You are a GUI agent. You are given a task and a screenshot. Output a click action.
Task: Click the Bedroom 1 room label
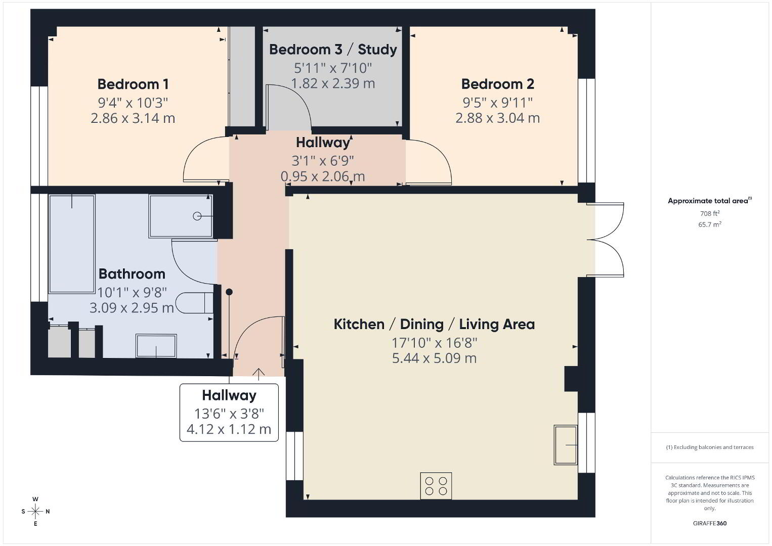coord(133,84)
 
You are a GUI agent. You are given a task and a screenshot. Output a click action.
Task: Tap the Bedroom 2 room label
coord(498,84)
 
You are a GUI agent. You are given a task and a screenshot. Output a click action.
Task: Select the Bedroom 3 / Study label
coord(333,50)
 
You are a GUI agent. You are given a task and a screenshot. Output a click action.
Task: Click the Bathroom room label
coord(132,274)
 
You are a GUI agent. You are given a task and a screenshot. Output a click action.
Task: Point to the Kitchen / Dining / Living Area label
coord(434,324)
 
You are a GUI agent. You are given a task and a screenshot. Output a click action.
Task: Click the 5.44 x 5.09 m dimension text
coord(434,358)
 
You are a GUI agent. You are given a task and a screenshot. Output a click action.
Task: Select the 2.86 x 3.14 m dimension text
coord(133,118)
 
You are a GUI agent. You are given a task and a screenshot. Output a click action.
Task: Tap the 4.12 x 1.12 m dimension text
coord(229,429)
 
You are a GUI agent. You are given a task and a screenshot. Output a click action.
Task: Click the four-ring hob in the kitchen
coord(436,486)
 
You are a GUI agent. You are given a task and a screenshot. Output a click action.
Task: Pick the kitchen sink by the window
coord(566,445)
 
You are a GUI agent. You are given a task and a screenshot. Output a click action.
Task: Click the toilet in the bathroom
coord(195,303)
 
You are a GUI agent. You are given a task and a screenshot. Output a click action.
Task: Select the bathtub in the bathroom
coord(72,244)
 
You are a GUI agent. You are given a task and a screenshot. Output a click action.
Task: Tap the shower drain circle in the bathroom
coord(197,216)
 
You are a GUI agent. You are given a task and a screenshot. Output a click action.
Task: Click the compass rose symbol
coord(35,512)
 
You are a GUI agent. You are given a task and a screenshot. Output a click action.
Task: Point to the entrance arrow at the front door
coord(259,374)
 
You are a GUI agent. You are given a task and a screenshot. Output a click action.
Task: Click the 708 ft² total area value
coord(710,213)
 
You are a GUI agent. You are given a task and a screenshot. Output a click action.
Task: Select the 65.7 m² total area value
coord(710,224)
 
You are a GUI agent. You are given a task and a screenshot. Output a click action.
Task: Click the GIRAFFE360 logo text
coord(710,523)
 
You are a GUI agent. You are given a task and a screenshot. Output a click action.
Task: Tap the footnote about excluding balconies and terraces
coord(710,447)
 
